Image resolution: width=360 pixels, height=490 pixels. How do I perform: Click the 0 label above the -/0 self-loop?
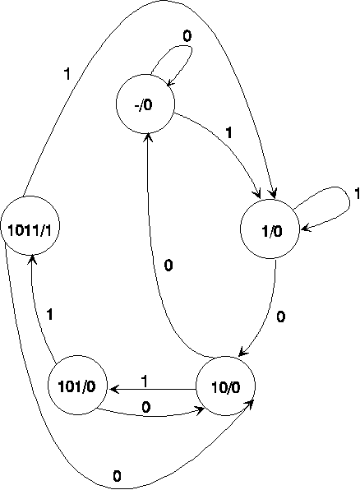click(x=187, y=36)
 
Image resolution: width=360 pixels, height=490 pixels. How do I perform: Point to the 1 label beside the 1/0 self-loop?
click(x=357, y=193)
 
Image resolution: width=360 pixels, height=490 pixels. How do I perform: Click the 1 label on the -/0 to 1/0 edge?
click(x=229, y=133)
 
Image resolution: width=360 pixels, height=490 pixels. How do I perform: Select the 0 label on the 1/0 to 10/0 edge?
click(x=281, y=317)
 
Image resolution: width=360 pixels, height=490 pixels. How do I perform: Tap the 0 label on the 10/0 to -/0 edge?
click(x=168, y=266)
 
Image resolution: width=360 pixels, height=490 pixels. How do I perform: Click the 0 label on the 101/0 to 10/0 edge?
click(x=146, y=407)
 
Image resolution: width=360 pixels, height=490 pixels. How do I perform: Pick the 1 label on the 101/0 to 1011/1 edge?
click(x=49, y=314)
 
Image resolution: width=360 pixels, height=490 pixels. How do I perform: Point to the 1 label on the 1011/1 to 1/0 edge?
click(x=67, y=74)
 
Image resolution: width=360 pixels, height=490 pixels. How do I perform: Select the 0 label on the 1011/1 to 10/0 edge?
click(x=117, y=476)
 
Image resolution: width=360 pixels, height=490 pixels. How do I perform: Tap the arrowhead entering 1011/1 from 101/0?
click(x=33, y=259)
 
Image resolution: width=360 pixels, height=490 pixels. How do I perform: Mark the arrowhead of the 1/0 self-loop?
click(x=305, y=229)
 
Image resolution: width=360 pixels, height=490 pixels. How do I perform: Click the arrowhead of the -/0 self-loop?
click(x=170, y=82)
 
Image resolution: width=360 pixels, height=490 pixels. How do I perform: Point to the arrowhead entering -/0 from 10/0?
click(x=148, y=137)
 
